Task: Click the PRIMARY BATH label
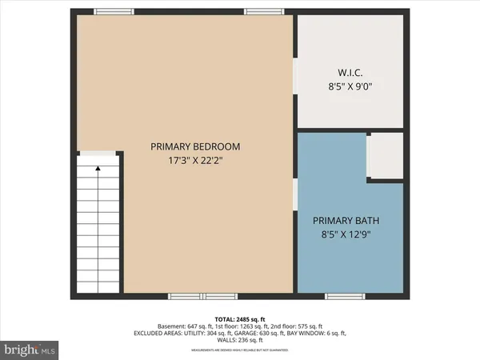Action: tap(346, 221)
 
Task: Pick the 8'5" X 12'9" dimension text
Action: tap(346, 234)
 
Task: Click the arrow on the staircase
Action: tap(98, 169)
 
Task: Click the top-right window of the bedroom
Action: tap(258, 11)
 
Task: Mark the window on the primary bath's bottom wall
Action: tap(342, 296)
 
